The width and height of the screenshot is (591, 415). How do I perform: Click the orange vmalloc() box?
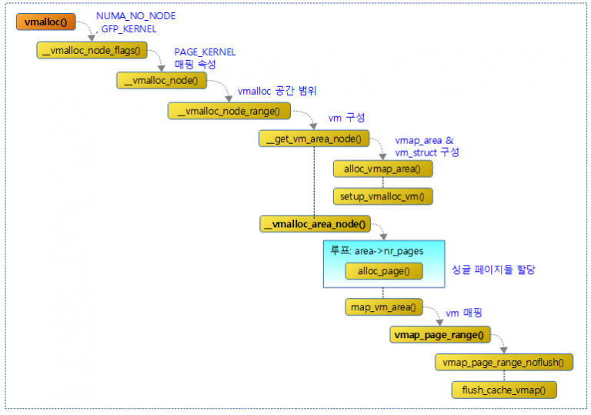click(45, 22)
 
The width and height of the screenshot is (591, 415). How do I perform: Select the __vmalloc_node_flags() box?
click(92, 51)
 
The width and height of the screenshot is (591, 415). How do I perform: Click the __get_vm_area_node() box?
click(314, 139)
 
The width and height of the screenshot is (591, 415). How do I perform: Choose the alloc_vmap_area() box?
click(382, 168)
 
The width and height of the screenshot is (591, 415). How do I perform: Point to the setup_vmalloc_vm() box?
click(382, 196)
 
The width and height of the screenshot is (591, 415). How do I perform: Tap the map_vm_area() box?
click(382, 307)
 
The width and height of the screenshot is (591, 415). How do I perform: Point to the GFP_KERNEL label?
click(129, 28)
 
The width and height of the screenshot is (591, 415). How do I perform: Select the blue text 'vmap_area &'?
click(425, 141)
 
